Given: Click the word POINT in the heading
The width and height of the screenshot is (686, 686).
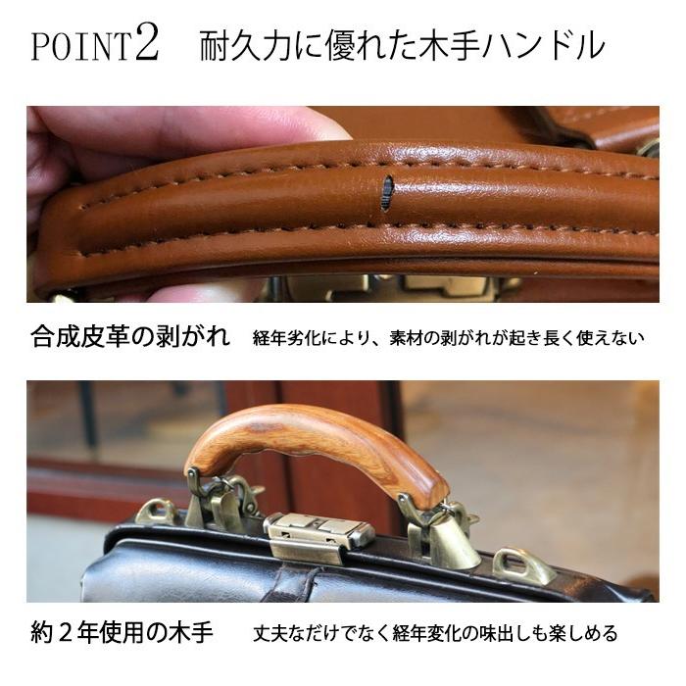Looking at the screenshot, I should (80, 48).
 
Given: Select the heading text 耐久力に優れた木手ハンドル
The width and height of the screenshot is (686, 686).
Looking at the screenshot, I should (402, 46).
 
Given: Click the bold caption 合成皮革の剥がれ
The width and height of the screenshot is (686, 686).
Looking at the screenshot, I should (128, 339).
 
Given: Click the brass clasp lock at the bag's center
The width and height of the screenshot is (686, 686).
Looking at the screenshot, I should (318, 534).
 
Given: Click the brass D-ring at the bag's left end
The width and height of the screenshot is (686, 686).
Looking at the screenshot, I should (157, 512).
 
